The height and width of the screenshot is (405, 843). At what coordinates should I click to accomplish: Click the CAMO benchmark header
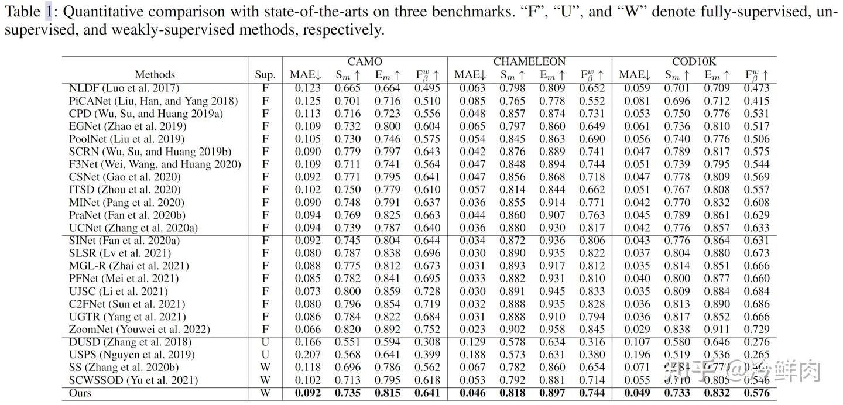click(x=365, y=61)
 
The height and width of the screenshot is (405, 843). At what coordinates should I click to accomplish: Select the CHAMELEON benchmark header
click(x=529, y=61)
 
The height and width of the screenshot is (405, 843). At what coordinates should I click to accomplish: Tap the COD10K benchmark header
click(x=694, y=61)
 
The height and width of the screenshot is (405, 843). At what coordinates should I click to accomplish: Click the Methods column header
click(x=155, y=74)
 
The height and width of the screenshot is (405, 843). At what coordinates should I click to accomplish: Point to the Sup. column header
click(x=265, y=74)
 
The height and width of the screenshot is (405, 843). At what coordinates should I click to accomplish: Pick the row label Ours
click(x=80, y=393)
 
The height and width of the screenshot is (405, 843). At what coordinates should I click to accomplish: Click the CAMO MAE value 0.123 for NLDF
click(x=305, y=88)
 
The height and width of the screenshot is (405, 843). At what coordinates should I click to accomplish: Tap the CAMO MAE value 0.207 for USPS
click(x=305, y=355)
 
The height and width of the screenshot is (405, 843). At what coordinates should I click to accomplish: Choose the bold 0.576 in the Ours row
click(x=756, y=393)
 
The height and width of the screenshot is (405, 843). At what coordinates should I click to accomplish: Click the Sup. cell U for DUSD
click(x=265, y=342)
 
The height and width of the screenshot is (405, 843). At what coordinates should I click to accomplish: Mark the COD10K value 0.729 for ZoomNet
click(x=756, y=330)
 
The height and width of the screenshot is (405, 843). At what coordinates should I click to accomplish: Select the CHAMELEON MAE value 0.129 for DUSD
click(x=470, y=342)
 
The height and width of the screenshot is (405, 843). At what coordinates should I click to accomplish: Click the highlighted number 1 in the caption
click(x=49, y=11)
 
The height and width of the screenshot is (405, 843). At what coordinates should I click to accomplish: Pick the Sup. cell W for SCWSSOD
click(x=265, y=380)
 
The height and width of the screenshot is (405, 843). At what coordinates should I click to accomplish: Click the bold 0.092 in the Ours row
click(x=305, y=393)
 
